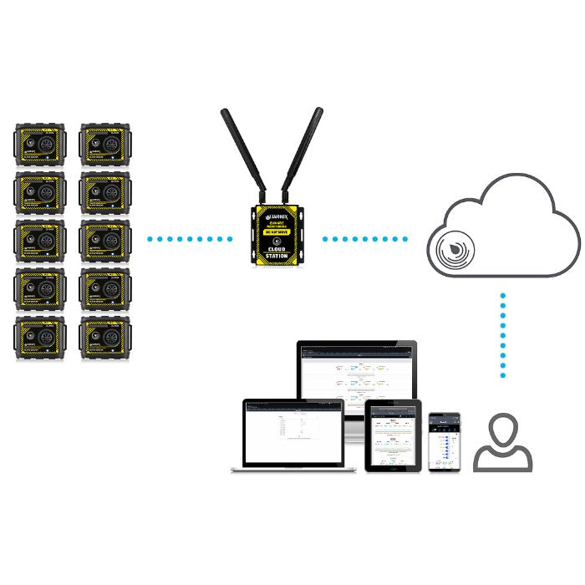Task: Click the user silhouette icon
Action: (503, 444)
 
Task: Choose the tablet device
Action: (392, 435)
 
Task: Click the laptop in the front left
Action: (293, 434)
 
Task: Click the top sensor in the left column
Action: (39, 145)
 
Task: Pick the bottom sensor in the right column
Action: (104, 338)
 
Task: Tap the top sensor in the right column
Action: (104, 145)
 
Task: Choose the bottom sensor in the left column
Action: (39, 338)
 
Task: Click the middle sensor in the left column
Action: (39, 241)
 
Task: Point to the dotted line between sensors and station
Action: (190, 240)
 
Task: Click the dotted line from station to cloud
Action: (365, 240)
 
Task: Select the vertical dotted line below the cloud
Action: (503, 334)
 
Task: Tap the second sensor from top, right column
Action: (104, 193)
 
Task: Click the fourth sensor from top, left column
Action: (39, 289)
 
